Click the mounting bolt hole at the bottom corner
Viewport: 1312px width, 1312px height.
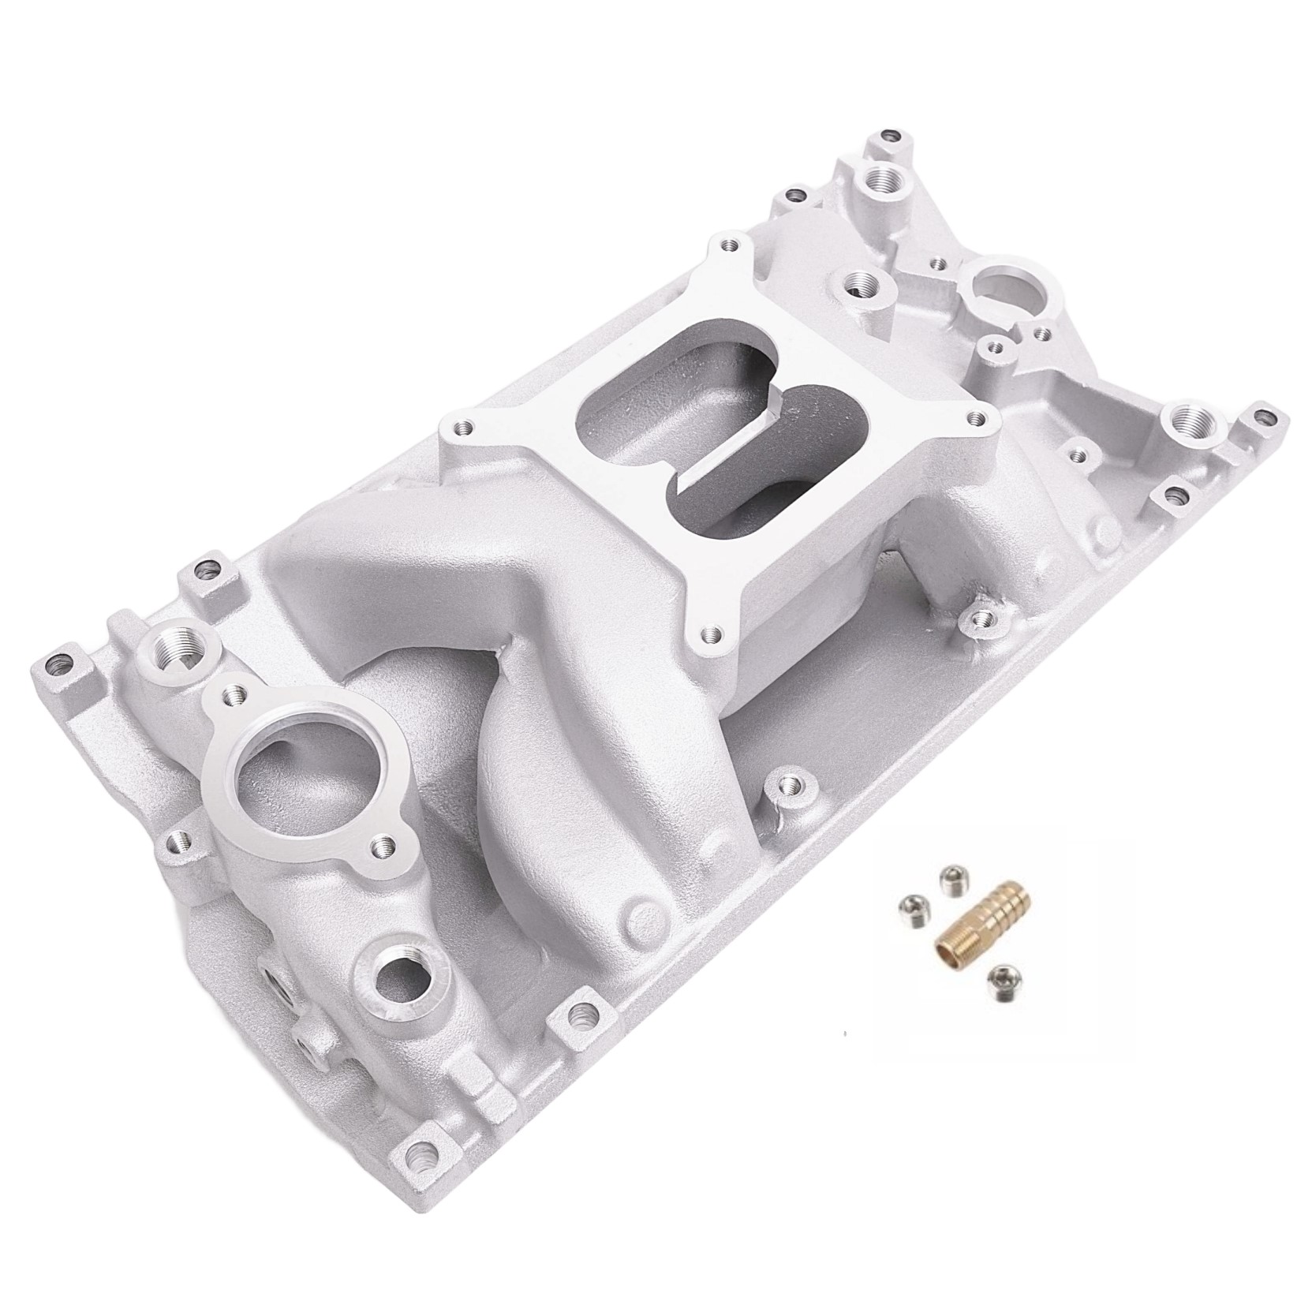(x=419, y=1179)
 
